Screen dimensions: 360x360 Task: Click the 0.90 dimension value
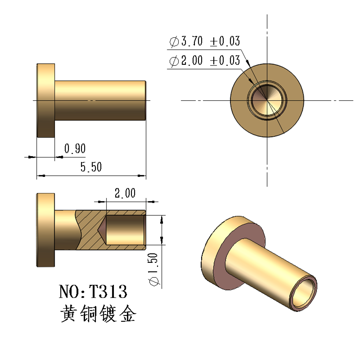pos(75,148)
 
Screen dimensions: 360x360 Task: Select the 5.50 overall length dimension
pos(91,167)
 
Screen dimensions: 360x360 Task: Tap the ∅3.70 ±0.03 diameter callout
pos(204,42)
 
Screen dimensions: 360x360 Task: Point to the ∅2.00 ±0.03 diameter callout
pos(204,61)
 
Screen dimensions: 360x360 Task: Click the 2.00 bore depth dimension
pos(125,193)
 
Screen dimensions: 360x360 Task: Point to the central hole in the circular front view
pos(266,100)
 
